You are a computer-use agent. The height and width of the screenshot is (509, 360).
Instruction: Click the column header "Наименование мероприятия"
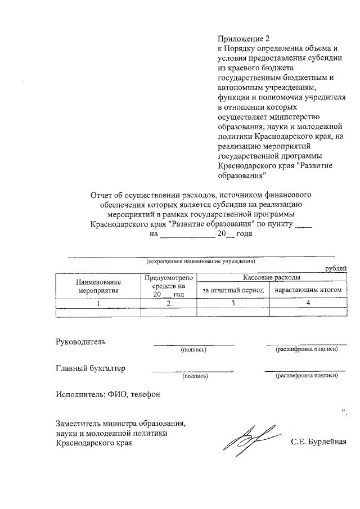tap(98, 286)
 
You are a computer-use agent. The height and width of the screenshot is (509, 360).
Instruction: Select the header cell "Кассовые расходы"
tap(271, 278)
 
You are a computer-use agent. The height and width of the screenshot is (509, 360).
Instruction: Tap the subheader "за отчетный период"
tap(233, 290)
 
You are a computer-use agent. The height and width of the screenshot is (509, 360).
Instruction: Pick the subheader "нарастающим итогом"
tap(308, 290)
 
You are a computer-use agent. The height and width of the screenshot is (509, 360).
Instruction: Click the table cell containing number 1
tap(98, 304)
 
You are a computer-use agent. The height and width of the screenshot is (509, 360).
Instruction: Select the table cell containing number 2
tap(168, 304)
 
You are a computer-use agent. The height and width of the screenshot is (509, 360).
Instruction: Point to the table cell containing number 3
tap(233, 304)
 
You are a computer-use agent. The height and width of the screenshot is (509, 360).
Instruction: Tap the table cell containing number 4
tap(308, 304)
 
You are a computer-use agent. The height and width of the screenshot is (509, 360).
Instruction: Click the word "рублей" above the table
tap(336, 269)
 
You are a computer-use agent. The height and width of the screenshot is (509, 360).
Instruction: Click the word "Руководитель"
tap(80, 341)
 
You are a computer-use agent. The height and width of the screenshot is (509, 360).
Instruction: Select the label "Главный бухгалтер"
tap(91, 369)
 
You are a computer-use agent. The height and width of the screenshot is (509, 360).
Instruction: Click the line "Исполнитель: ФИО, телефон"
tap(108, 394)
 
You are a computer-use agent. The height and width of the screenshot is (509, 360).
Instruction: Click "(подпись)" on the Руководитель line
tap(193, 350)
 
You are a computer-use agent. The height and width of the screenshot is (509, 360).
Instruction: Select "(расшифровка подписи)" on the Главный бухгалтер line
tap(306, 375)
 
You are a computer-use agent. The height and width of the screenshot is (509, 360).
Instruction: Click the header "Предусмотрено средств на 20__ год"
tap(168, 286)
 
